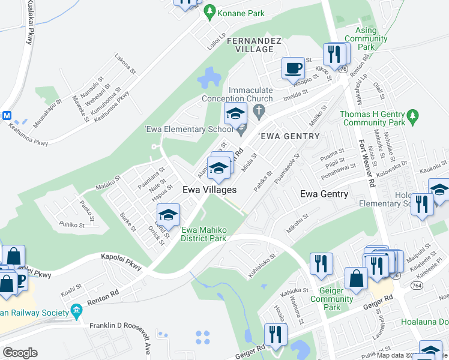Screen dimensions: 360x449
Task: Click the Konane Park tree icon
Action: pos(209,10)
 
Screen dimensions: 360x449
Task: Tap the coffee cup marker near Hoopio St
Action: pos(293,68)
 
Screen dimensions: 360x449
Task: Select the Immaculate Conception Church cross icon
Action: pos(259,110)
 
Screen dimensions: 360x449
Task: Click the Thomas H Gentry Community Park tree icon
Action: pos(412,115)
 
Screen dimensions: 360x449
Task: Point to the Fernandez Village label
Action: pos(254,46)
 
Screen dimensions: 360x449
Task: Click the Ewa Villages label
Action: pos(209,189)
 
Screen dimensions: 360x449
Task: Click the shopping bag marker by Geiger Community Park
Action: pos(357,278)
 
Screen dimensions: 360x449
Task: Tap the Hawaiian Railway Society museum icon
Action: pos(76,310)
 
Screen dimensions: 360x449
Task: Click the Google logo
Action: pos(19,352)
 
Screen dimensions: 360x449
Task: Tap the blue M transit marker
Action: pos(7,115)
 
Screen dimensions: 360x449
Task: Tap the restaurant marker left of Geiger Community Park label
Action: pos(321,263)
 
